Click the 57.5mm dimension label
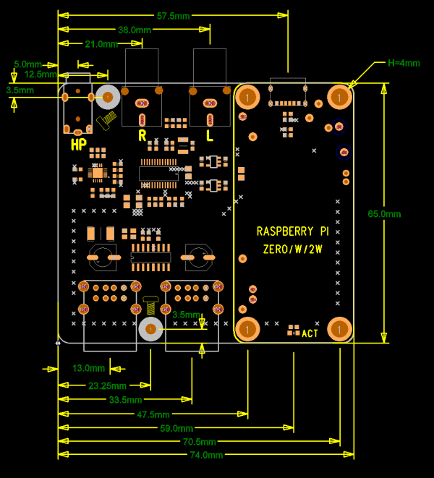(173, 16)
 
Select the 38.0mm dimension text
(135, 30)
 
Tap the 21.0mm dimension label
(101, 44)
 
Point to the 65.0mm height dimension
(384, 214)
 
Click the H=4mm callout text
(404, 63)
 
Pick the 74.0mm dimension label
(206, 455)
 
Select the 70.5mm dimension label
(199, 442)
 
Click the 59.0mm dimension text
(176, 428)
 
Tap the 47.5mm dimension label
(153, 414)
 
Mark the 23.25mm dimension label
(107, 385)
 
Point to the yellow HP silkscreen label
(79, 145)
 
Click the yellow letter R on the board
(142, 136)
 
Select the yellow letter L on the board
(210, 136)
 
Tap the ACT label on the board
(310, 333)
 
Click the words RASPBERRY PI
(293, 231)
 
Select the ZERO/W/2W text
(293, 249)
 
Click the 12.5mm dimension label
(41, 74)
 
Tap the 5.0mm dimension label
(27, 64)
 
